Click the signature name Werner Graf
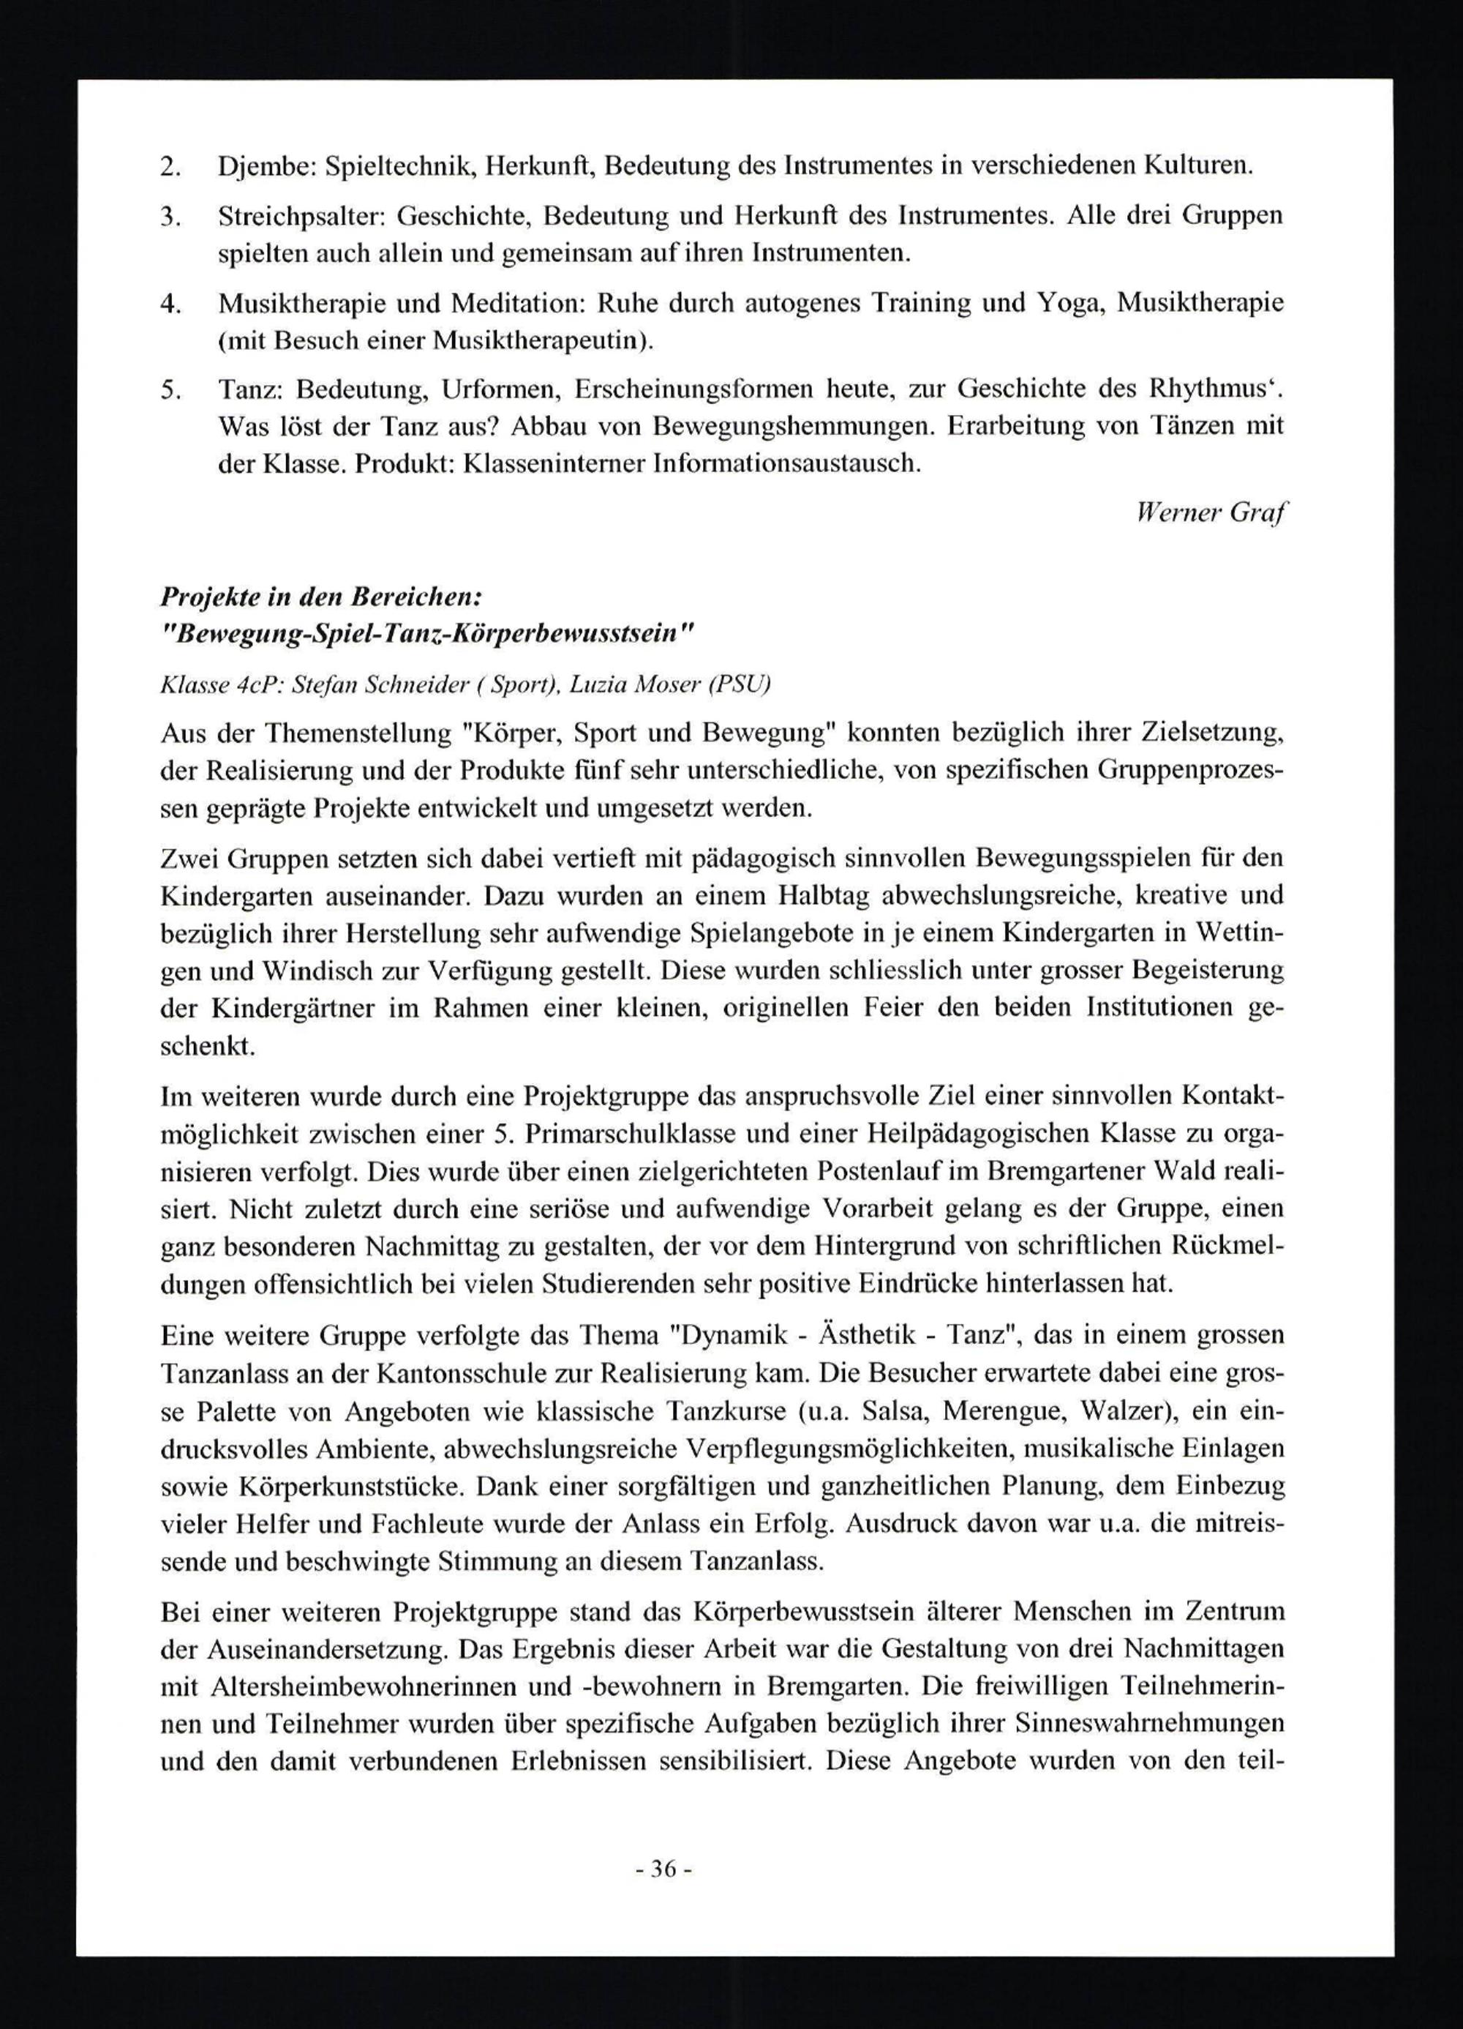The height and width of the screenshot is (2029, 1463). [x=1211, y=512]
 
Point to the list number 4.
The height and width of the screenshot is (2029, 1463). [x=170, y=303]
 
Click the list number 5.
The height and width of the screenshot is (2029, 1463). [x=170, y=390]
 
